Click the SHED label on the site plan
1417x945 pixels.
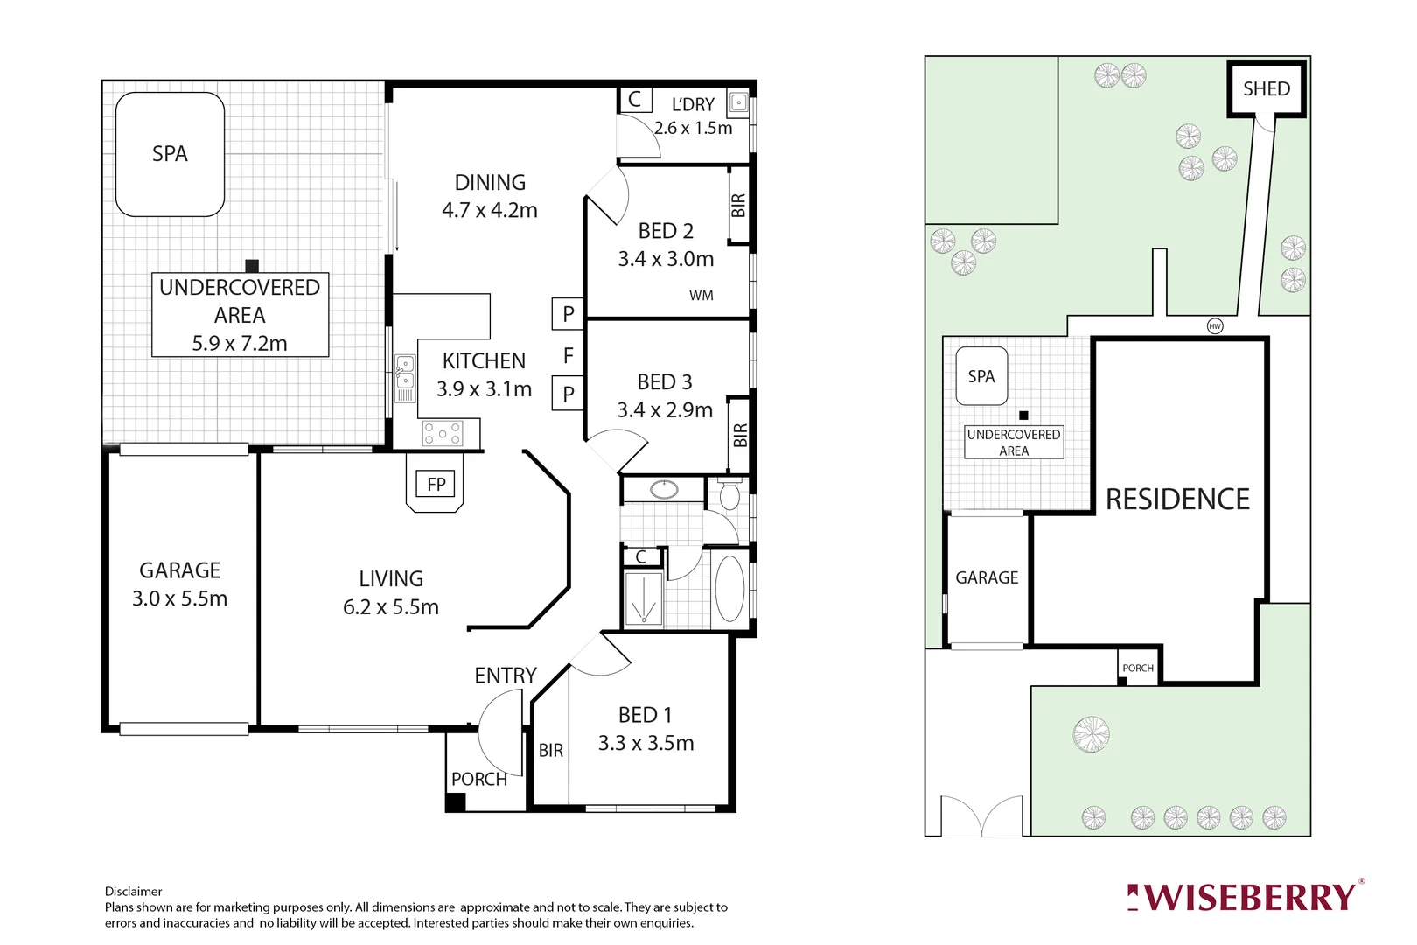1266,88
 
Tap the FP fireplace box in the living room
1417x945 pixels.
436,484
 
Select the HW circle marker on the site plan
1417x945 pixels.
1214,325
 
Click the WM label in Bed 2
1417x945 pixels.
701,296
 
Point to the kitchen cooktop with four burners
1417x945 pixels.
443,433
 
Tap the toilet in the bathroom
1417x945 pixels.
729,496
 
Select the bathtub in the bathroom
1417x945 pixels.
729,588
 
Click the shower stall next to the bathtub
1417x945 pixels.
644,598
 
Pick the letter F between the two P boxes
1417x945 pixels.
569,355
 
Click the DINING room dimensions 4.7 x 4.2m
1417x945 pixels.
489,210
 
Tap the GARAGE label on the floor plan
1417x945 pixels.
179,570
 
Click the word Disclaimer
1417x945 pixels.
134,891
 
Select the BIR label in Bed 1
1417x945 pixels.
551,750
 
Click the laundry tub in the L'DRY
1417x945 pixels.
739,102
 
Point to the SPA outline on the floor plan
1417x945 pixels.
171,154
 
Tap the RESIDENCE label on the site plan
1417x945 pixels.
1177,499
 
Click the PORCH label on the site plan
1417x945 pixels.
1138,668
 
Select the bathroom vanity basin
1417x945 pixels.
664,489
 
